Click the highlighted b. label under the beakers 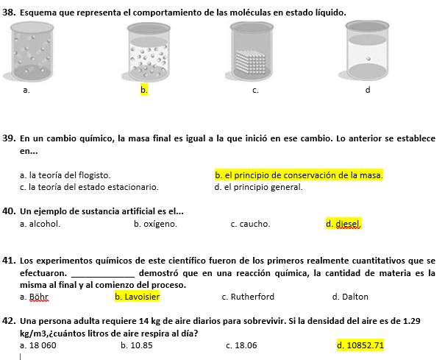click(144, 91)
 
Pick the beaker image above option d click(367, 50)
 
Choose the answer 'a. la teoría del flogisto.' click(65, 175)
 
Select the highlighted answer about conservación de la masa click(299, 175)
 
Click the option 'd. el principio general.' click(258, 187)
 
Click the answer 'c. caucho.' click(250, 224)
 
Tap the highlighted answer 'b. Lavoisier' click(137, 297)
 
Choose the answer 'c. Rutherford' click(248, 297)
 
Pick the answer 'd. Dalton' click(350, 297)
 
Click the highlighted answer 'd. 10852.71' click(360, 345)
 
